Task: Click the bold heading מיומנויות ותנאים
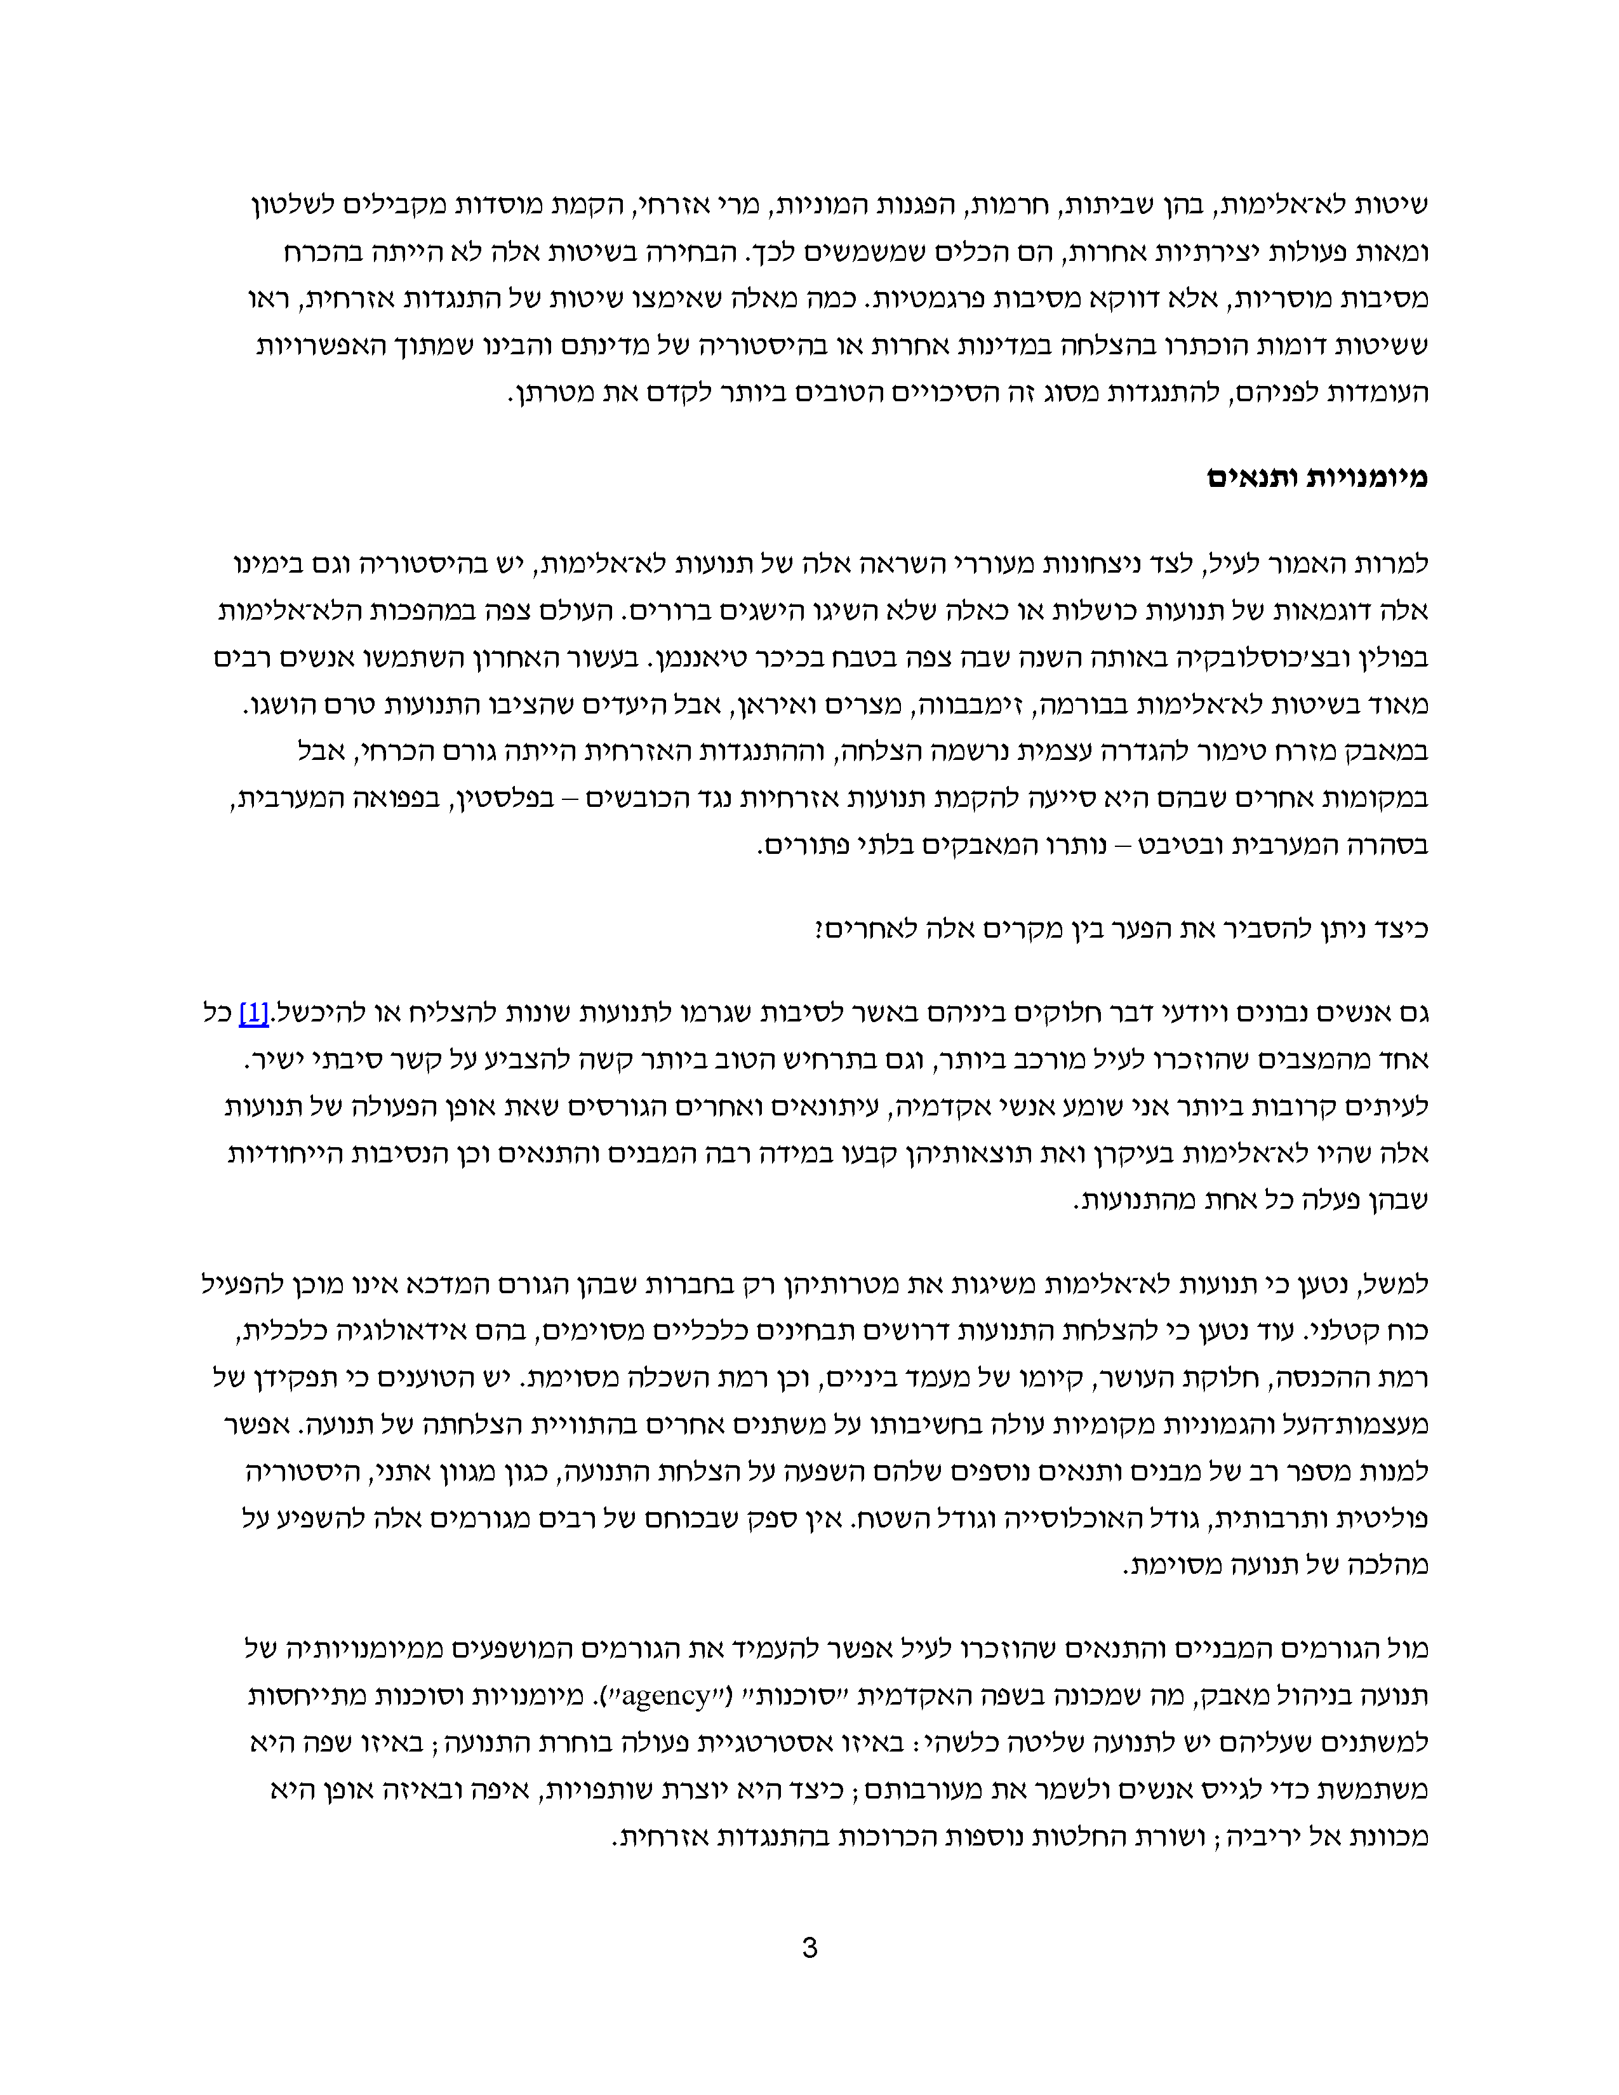(x=1317, y=477)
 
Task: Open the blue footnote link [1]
(x=253, y=1013)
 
